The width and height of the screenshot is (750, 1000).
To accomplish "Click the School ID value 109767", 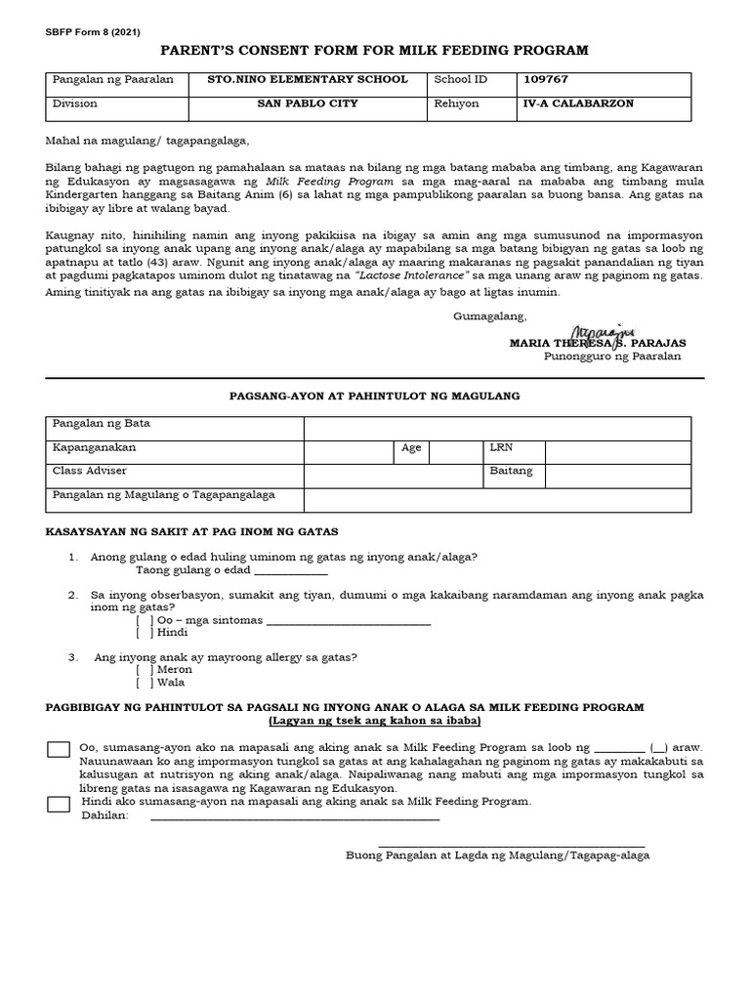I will pyautogui.click(x=545, y=79).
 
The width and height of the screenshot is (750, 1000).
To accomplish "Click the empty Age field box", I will pyautogui.click(x=454, y=451).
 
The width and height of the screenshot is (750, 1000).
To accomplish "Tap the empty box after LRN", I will pyautogui.click(x=617, y=451).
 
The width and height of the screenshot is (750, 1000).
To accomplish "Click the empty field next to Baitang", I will pyautogui.click(x=617, y=476).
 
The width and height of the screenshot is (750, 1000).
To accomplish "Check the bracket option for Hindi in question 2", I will pyautogui.click(x=145, y=633).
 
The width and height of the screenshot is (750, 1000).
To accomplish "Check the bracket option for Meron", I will pyautogui.click(x=145, y=670).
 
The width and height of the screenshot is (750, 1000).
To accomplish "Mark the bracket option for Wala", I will pyautogui.click(x=145, y=683).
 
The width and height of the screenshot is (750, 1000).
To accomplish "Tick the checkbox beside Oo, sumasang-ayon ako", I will pyautogui.click(x=59, y=749).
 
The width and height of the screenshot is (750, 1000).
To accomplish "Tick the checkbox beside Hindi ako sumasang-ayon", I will pyautogui.click(x=59, y=805).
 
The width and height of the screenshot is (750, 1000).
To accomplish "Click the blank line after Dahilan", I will pyautogui.click(x=294, y=818).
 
